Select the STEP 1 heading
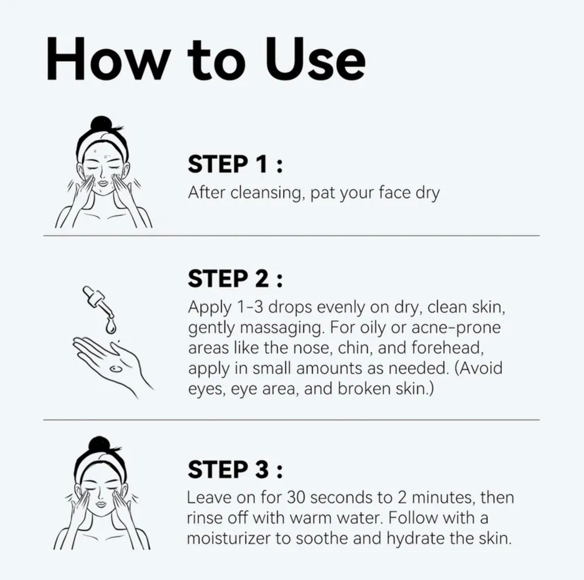tap(235, 164)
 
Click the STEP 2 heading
tap(235, 278)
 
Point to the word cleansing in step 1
tap(266, 193)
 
